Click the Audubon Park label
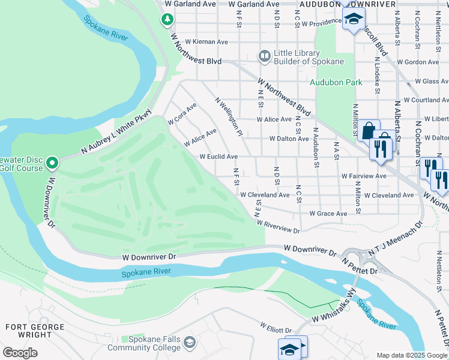point(336,82)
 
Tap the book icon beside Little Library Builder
point(264,56)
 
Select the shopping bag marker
point(368,130)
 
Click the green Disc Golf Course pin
point(52,163)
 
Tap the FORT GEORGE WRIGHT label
point(34,332)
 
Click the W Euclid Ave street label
point(219,157)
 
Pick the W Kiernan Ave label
point(206,42)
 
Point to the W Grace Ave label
point(328,214)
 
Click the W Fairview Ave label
point(364,176)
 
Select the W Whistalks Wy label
point(331,308)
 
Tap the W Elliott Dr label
point(276,328)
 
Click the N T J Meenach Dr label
point(395,240)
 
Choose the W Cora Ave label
point(182,113)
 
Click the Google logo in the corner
point(20,353)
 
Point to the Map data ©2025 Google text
point(412,355)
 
